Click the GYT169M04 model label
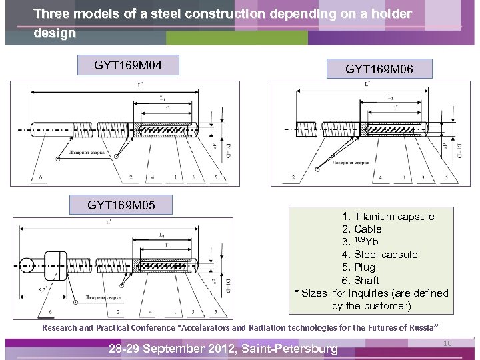[127, 65]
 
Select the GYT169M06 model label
[379, 69]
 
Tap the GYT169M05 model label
[121, 205]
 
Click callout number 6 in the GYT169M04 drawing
[41, 177]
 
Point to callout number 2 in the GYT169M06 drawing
[293, 177]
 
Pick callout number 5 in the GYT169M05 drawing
[216, 311]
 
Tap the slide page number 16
[447, 343]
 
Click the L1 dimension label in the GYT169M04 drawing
[163, 98]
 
